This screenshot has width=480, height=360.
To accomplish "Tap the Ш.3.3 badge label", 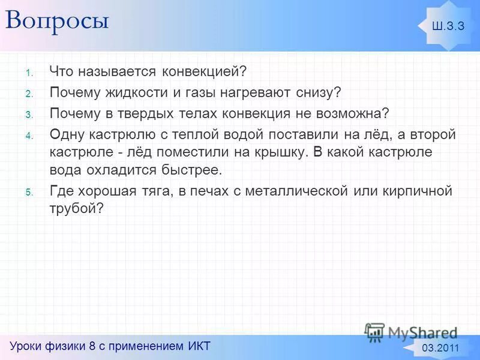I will (448, 25).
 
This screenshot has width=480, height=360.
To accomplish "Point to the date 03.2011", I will (440, 349).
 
